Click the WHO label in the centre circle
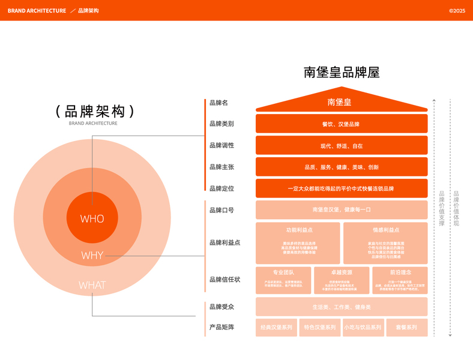tap(92, 219)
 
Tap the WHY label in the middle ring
tap(92, 256)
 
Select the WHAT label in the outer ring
tap(92, 285)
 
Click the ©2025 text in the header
tap(457, 11)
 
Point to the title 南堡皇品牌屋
tap(342, 73)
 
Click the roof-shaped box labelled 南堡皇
tap(341, 103)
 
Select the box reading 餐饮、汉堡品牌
tap(341, 124)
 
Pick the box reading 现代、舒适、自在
tap(341, 145)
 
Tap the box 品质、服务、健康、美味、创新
tap(341, 167)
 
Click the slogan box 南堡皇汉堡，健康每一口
tap(341, 210)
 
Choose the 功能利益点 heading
tap(298, 230)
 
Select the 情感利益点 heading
tap(384, 230)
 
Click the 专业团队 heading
tap(283, 272)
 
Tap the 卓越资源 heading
tap(341, 272)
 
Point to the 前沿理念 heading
tap(400, 272)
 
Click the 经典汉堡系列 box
tap(277, 328)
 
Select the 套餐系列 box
tap(406, 328)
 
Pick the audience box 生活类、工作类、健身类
tap(341, 307)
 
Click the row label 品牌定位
tap(221, 188)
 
